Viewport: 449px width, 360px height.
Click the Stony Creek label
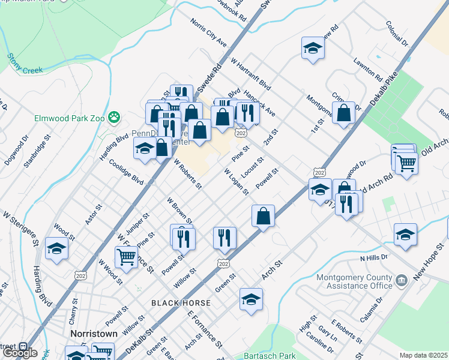tap(25, 64)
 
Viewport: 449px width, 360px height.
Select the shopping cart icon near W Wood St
tap(126, 256)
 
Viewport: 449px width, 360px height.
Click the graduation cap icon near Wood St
tap(57, 248)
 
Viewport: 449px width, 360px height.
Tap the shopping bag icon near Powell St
tap(263, 215)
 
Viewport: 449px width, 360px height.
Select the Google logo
tap(20, 353)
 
